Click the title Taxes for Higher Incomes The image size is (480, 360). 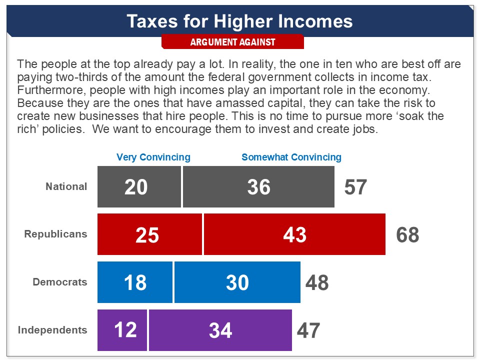point(239,21)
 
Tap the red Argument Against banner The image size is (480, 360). point(232,42)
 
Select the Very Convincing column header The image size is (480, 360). point(153,157)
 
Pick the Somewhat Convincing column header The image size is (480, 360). point(291,157)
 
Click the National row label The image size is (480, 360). point(66,186)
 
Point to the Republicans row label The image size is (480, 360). point(55,234)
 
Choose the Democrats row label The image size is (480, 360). point(60,282)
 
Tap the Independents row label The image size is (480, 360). point(52,330)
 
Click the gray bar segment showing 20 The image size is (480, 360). point(139,186)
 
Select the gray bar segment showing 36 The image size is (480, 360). point(258,186)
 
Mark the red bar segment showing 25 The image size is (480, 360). point(149,234)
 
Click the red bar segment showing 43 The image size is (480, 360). point(294,234)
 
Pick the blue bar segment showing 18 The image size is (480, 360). point(135,282)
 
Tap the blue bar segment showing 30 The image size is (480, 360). point(237,282)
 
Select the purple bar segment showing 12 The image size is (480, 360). point(122,330)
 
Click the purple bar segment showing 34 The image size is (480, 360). point(220,330)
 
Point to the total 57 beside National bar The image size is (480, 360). point(355,187)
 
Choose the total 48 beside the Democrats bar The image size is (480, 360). point(317,282)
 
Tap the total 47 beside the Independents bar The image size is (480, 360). point(308,330)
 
